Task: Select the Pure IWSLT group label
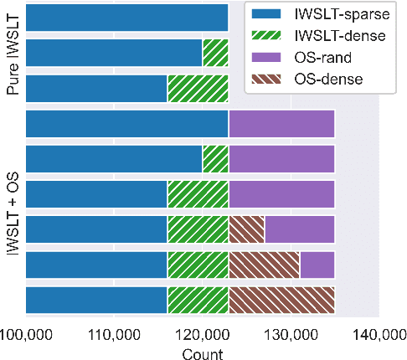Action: click(12, 55)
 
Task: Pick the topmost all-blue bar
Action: click(127, 17)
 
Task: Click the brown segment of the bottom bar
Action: click(281, 299)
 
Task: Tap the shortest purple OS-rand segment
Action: click(317, 264)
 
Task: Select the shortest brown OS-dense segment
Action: click(246, 229)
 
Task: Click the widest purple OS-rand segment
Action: click(281, 123)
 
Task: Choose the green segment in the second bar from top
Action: click(215, 52)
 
